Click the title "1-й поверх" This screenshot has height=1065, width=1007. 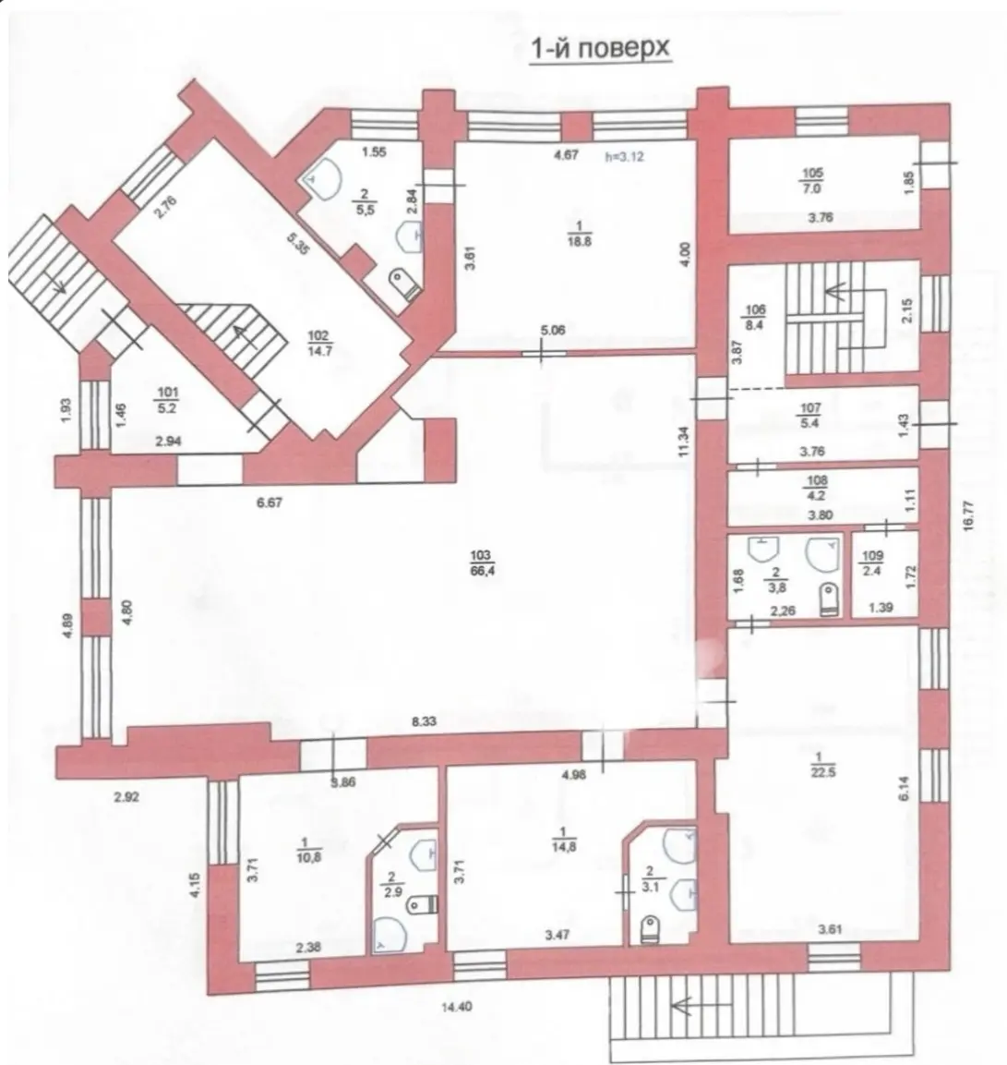tap(599, 49)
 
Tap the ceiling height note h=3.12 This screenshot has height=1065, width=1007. tap(624, 156)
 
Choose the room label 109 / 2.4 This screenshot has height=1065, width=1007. tap(871, 562)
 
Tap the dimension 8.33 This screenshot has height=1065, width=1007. tap(425, 722)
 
